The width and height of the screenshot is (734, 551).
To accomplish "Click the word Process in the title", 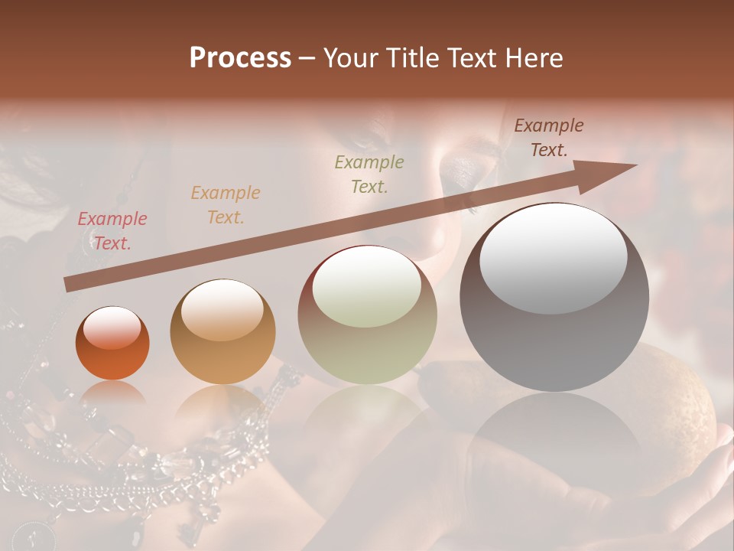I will tap(240, 58).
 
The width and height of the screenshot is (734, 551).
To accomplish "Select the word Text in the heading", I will tap(472, 58).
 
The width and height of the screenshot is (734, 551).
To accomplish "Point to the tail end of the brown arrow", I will tap(67, 285).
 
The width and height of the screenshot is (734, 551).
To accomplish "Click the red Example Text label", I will tap(112, 230).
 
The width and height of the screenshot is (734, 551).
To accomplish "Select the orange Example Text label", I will tap(226, 204).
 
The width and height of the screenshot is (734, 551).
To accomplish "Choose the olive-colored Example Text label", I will tap(369, 174).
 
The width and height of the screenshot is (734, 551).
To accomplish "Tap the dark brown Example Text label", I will tap(549, 138).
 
